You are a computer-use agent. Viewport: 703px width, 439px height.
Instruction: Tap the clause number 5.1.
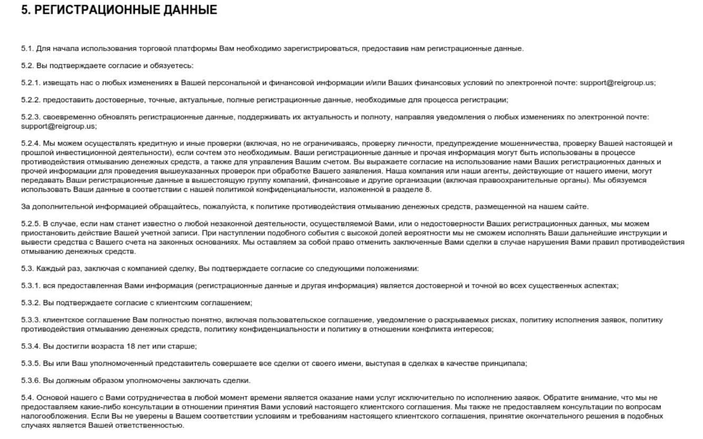click(27, 49)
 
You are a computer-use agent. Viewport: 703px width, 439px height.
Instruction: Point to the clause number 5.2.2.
click(31, 100)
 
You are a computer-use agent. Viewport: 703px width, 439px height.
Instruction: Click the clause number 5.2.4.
click(31, 143)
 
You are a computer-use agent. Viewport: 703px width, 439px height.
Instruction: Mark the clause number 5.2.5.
click(31, 224)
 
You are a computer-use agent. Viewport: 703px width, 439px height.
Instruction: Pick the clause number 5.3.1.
click(31, 285)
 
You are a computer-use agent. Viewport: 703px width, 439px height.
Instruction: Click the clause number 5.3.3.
click(31, 320)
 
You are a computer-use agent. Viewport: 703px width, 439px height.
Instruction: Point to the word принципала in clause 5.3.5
click(507, 364)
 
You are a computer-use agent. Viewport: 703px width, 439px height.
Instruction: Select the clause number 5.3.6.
click(31, 381)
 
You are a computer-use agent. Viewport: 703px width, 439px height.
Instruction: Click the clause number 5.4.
click(27, 397)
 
